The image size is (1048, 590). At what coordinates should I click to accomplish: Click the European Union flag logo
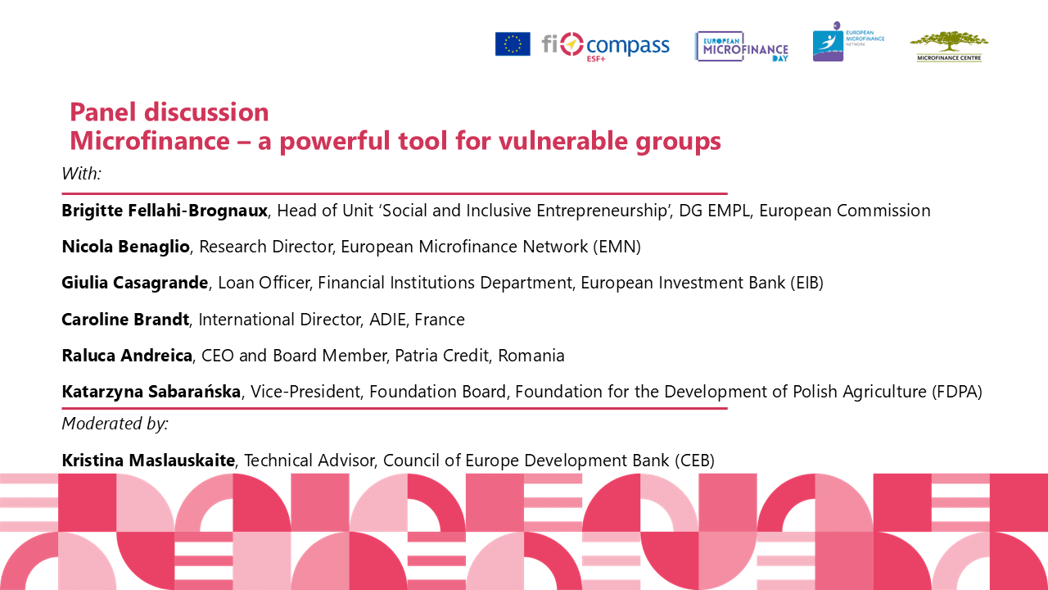pyautogui.click(x=513, y=44)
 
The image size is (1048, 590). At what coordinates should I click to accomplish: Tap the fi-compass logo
pyautogui.click(x=606, y=47)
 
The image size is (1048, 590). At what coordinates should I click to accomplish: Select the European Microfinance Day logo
pyautogui.click(x=742, y=47)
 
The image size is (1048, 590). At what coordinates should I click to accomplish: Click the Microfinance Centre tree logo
pyautogui.click(x=949, y=46)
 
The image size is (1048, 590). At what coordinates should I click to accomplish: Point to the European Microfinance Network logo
pyautogui.click(x=848, y=41)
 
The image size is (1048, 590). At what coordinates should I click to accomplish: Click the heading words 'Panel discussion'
pyautogui.click(x=169, y=112)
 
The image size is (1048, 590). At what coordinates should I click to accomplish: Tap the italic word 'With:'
pyautogui.click(x=82, y=174)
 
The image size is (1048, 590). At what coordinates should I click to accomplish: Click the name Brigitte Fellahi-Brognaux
pyautogui.click(x=165, y=211)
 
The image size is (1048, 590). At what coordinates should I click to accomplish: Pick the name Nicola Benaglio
pyautogui.click(x=126, y=247)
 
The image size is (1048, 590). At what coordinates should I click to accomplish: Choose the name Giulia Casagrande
pyautogui.click(x=135, y=283)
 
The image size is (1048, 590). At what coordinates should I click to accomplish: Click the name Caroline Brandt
pyautogui.click(x=125, y=320)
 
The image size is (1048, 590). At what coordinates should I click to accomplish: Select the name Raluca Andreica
pyautogui.click(x=127, y=356)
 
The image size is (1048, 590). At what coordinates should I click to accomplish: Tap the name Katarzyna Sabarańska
pyautogui.click(x=151, y=392)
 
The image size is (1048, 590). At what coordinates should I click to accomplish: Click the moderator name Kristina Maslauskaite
pyautogui.click(x=148, y=461)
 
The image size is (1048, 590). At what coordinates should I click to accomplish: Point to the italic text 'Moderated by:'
pyautogui.click(x=115, y=424)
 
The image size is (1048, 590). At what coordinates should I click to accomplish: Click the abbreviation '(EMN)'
pyautogui.click(x=617, y=247)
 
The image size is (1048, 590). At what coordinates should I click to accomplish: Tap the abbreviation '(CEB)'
pyautogui.click(x=695, y=461)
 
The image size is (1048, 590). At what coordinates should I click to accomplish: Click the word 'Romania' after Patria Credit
pyautogui.click(x=531, y=356)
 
